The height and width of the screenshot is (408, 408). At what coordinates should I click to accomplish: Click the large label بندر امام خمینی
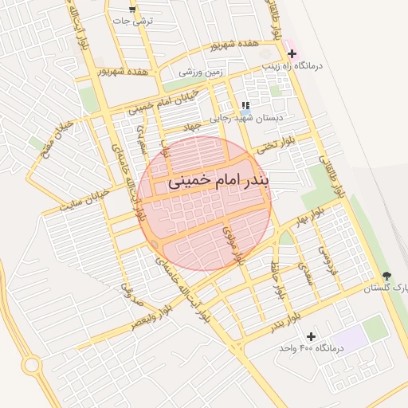coord(218,182)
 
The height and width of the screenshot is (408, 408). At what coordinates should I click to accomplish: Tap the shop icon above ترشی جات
coord(132,10)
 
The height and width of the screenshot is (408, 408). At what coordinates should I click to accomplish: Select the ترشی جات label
coord(144,22)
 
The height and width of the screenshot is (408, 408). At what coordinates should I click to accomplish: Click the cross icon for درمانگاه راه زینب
coord(292,54)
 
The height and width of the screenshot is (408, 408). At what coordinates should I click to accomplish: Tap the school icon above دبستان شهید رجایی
coord(245,105)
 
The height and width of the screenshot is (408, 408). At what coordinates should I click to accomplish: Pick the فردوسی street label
coord(324,257)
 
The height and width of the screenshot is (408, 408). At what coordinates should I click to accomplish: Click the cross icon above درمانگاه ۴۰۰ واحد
coord(310,337)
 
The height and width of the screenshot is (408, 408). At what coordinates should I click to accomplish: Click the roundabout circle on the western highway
coord(31,365)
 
